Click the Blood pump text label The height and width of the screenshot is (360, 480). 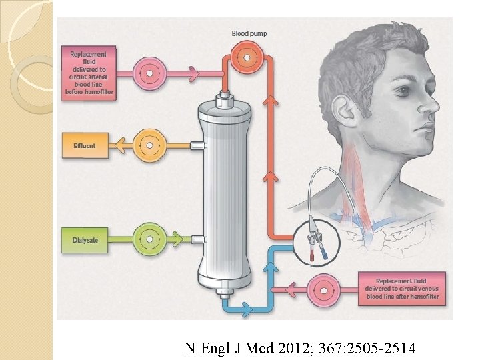coord(249,33)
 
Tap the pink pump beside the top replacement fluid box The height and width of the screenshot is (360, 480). coord(150,73)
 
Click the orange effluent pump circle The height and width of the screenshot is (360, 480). coord(150,145)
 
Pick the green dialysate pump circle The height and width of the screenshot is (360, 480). coord(150,238)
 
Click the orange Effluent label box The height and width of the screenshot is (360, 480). coord(83,145)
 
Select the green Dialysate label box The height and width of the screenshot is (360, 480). coord(84,239)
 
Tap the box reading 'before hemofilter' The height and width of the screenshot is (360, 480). coord(89,73)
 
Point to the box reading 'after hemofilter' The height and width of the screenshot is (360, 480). coord(401,289)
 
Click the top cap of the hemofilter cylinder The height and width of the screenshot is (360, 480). coord(227,102)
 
